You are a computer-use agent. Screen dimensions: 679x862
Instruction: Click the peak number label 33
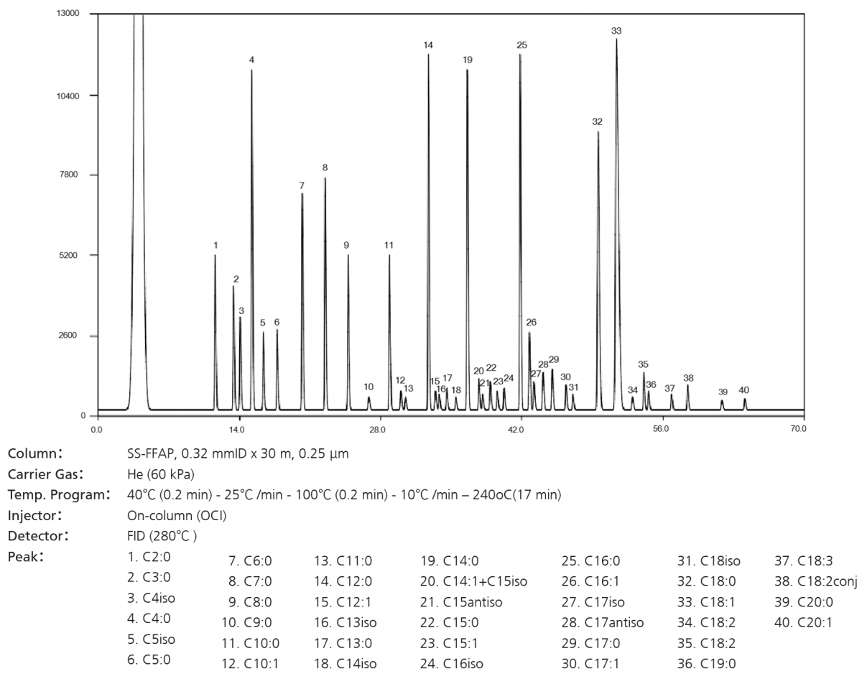(x=616, y=31)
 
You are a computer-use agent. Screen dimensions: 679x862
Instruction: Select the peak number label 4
(x=251, y=60)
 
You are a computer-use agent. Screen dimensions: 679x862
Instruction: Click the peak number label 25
(x=522, y=45)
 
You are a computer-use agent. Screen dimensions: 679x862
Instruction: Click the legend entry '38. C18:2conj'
(x=815, y=581)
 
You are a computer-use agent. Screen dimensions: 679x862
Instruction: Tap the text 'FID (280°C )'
(x=162, y=535)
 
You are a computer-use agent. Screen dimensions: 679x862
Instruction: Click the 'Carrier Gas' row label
(x=46, y=474)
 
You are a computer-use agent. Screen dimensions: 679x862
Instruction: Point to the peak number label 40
(x=744, y=390)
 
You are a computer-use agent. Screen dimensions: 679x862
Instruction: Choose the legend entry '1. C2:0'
(x=149, y=556)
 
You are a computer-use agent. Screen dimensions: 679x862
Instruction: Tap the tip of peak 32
(x=598, y=131)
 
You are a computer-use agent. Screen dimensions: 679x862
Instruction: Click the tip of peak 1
(x=215, y=255)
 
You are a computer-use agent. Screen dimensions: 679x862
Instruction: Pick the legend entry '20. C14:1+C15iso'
(x=473, y=581)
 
